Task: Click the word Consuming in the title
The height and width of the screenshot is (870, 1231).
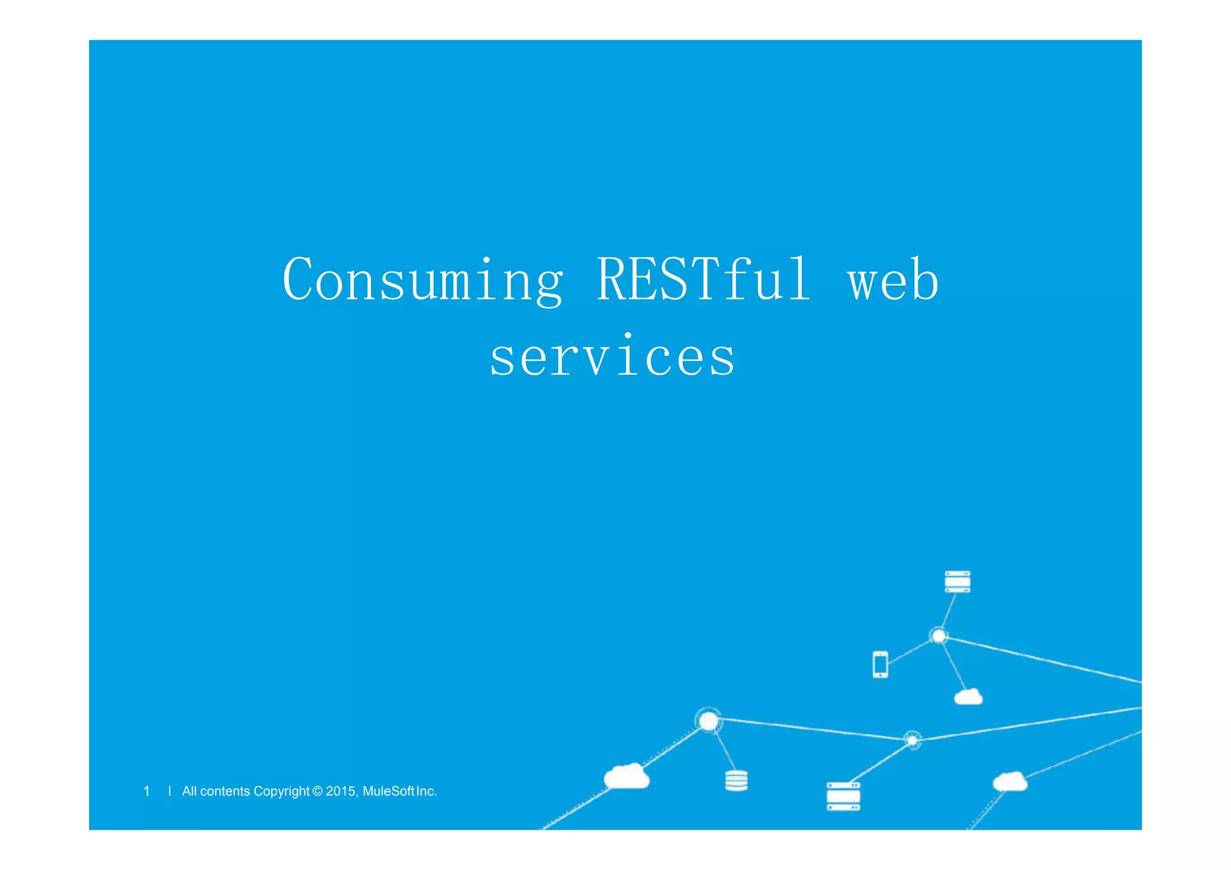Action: (x=423, y=280)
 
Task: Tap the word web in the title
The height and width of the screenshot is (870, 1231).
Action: (x=893, y=280)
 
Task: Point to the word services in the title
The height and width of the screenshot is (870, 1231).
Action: (x=612, y=357)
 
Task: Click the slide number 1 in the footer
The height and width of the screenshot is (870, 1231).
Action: (x=147, y=791)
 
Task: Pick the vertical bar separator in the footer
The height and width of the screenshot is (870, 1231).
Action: (x=170, y=791)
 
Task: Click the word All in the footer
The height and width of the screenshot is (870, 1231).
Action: (x=189, y=791)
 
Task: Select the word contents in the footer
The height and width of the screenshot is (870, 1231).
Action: (x=225, y=791)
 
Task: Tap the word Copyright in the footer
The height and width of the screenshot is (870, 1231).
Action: (x=281, y=791)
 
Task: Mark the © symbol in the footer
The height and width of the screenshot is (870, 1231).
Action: (x=318, y=791)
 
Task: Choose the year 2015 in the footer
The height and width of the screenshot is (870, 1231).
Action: (x=341, y=791)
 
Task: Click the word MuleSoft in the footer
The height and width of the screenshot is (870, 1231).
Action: (x=389, y=791)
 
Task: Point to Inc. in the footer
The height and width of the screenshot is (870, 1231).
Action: (x=426, y=791)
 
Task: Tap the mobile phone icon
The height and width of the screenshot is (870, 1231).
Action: (x=881, y=664)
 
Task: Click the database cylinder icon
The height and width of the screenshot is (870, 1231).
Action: (x=736, y=780)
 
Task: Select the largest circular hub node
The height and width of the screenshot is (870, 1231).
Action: (x=709, y=720)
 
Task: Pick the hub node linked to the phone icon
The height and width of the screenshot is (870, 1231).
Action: (x=938, y=636)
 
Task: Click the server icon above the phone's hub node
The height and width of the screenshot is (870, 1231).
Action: (x=958, y=581)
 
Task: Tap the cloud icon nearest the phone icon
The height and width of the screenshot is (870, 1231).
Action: (x=968, y=697)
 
